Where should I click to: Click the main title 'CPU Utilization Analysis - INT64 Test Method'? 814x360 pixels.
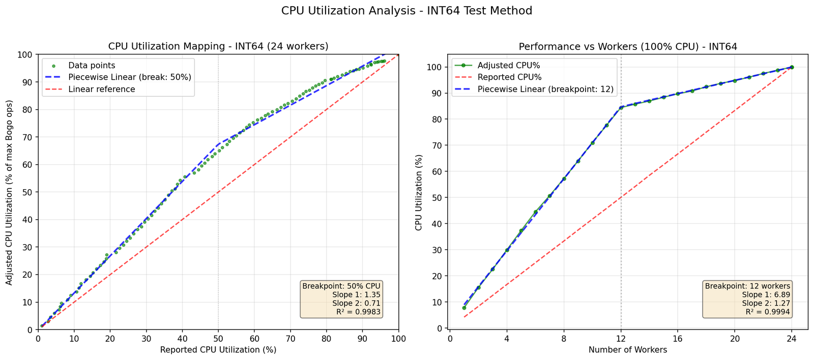click(x=406, y=11)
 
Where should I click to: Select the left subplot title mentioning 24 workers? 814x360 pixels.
click(x=218, y=46)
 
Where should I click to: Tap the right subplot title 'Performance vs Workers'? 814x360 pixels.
click(x=628, y=46)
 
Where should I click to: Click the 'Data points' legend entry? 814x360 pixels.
click(x=92, y=66)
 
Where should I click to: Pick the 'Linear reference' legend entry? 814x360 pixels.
click(x=102, y=89)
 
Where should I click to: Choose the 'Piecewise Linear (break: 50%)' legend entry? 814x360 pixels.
click(x=130, y=77)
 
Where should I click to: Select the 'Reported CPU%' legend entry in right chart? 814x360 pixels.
click(x=510, y=78)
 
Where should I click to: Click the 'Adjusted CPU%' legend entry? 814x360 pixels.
click(x=509, y=66)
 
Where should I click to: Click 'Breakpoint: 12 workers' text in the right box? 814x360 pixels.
click(x=747, y=286)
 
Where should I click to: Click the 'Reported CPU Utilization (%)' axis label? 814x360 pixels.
click(x=218, y=350)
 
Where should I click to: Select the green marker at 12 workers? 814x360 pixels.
click(x=621, y=107)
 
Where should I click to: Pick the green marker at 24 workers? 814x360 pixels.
click(x=792, y=67)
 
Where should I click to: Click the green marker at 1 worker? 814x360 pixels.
click(x=464, y=308)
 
